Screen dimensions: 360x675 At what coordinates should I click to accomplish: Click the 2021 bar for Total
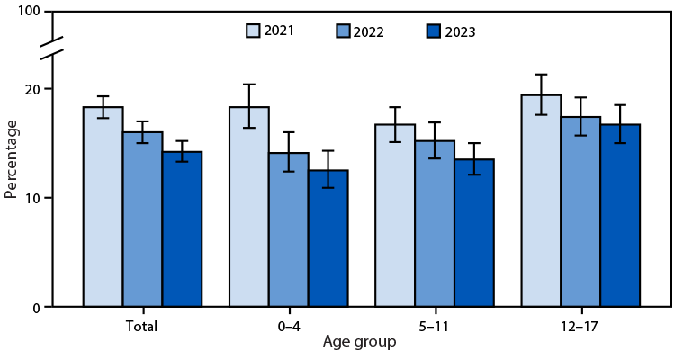tap(103, 207)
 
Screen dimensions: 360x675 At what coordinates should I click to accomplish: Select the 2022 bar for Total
tap(143, 220)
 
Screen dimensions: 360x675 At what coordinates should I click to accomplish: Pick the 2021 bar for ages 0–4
tap(249, 207)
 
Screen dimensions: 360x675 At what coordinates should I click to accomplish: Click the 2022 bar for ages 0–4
tap(289, 229)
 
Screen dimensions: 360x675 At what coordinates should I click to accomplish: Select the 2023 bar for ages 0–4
tap(328, 238)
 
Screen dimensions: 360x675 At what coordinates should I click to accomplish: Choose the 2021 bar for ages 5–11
tap(395, 216)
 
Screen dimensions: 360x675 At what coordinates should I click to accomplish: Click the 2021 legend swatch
tap(255, 31)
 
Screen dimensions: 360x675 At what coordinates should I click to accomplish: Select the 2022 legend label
tap(369, 32)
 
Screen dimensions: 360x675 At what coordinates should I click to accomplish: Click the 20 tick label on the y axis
tap(33, 89)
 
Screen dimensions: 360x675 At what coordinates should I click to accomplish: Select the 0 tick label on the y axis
tap(37, 308)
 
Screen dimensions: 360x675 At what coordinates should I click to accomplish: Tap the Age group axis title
tap(361, 343)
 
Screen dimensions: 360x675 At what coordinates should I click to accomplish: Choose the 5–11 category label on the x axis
tap(435, 327)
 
